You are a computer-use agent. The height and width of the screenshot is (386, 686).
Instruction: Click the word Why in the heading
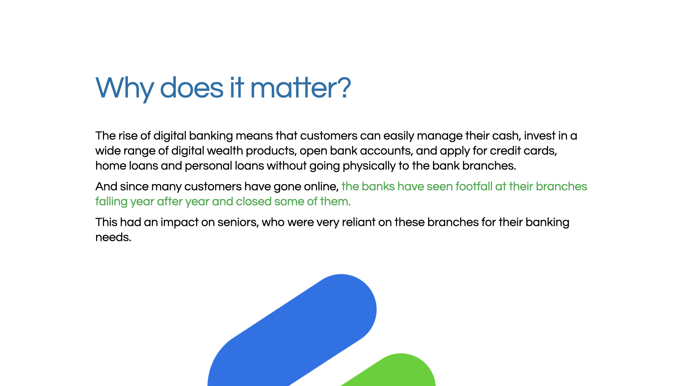[x=125, y=88]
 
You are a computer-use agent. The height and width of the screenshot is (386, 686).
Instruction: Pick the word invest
[x=540, y=136]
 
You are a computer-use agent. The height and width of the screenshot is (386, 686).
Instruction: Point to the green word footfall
[x=474, y=187]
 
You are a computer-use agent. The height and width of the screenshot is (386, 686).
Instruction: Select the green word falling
[x=111, y=202]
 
